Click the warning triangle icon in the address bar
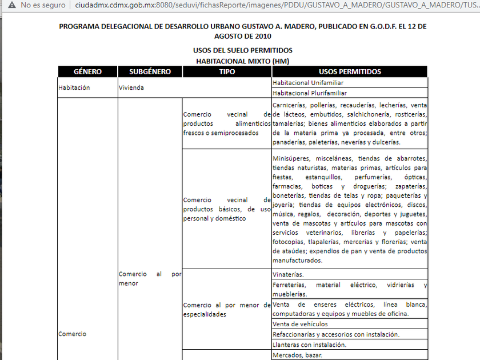point(10,5)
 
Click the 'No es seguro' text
point(43,5)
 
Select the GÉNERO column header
point(87,72)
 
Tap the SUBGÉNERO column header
point(150,72)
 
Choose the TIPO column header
point(227,72)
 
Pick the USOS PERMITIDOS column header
point(350,72)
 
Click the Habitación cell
point(74,88)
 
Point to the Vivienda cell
point(131,88)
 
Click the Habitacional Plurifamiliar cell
point(310,93)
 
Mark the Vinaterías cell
point(288,274)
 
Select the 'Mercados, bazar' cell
point(297,355)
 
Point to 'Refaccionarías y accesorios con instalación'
point(336,334)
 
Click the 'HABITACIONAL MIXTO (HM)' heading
point(242,60)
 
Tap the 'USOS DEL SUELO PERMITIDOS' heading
point(242,50)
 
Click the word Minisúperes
point(290,158)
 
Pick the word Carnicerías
point(290,105)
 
